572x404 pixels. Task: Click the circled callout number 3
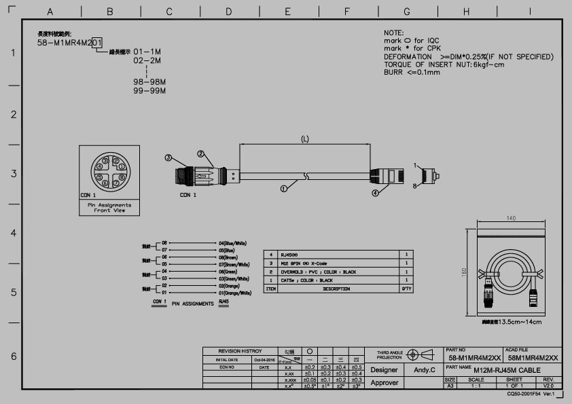point(168,158)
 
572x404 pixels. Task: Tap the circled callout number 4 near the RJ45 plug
point(374,193)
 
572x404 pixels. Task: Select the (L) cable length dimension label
point(305,139)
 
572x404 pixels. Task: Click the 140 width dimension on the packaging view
point(512,218)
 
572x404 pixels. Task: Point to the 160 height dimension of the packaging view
point(465,272)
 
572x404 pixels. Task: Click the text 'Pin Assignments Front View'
point(110,207)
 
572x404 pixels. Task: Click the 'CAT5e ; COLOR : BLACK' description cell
point(306,280)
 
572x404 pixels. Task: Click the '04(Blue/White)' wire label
point(232,242)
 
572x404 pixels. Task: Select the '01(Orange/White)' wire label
point(234,293)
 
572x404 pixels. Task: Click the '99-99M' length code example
point(149,90)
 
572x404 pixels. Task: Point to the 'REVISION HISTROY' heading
point(234,351)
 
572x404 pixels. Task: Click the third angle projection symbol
point(422,354)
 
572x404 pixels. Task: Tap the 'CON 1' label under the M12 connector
point(187,195)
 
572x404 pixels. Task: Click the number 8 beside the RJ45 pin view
point(415,185)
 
